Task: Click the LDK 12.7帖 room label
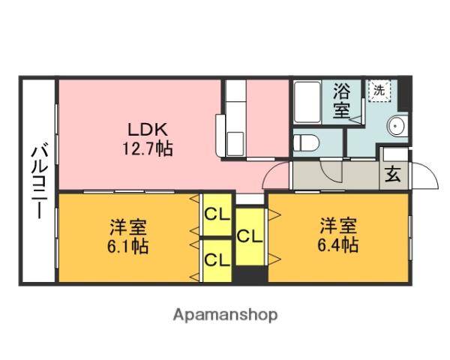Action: tap(148, 139)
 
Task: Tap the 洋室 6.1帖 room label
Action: tap(128, 236)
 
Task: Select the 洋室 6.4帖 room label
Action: tap(338, 235)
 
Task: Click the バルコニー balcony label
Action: tap(40, 182)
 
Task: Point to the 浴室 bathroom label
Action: tap(341, 100)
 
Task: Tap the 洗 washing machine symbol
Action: tap(379, 91)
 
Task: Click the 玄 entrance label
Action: tap(393, 174)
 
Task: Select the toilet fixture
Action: tap(307, 142)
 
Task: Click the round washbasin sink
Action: tap(397, 126)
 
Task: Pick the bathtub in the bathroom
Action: tap(307, 102)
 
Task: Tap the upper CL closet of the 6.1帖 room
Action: tap(217, 214)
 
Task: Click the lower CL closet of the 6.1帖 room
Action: tap(217, 260)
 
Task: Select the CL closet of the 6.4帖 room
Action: tap(250, 236)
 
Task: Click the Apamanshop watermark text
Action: tap(225, 315)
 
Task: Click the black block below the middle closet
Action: tap(250, 274)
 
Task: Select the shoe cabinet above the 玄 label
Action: tap(395, 154)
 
